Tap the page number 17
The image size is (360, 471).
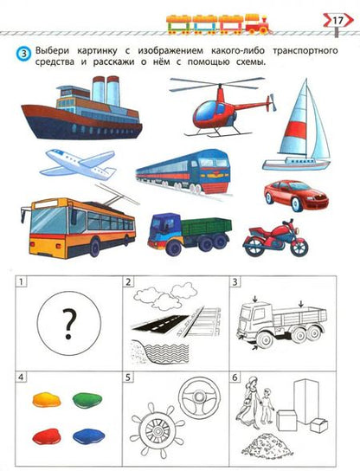(337, 21)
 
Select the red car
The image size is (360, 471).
(296, 196)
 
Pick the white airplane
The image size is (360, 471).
(79, 164)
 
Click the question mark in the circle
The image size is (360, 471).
(69, 325)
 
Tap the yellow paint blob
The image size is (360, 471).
(47, 399)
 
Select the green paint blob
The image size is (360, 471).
(87, 400)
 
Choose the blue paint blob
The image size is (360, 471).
(89, 436)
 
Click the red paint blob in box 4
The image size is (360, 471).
(47, 436)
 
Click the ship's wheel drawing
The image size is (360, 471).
(157, 431)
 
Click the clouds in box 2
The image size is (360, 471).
(165, 295)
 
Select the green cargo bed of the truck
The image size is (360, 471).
(206, 227)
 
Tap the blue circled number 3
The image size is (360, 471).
(24, 54)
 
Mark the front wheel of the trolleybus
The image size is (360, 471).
(94, 248)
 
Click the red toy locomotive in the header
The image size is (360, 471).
(258, 24)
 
